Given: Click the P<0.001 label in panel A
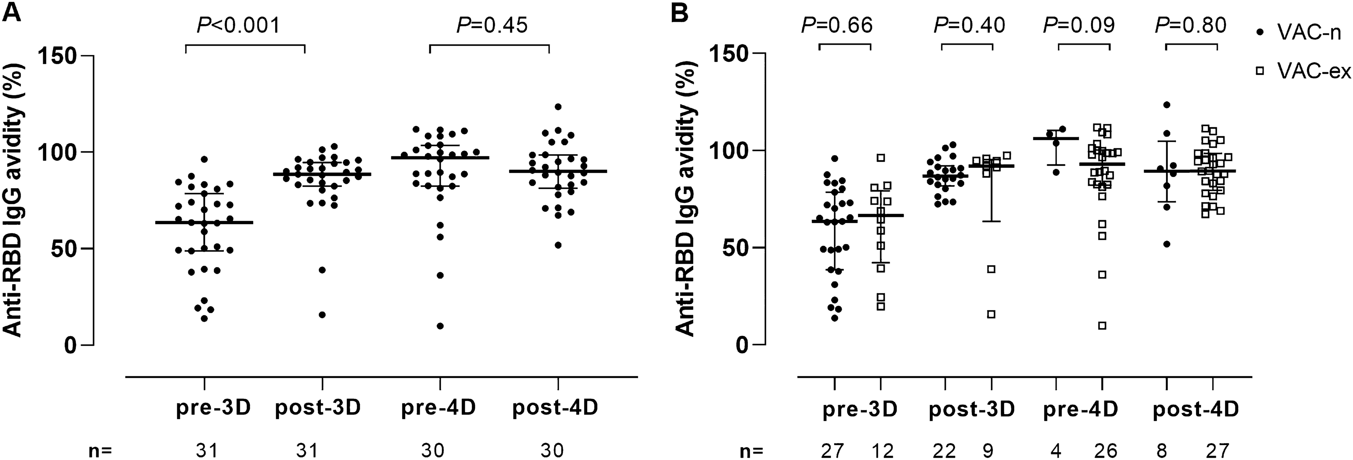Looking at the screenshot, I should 238,25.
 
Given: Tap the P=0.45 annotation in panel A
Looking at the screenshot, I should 492,25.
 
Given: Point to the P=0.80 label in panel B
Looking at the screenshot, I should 1191,25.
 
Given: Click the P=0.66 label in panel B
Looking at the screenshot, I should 837,25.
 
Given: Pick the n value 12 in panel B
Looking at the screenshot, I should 882,450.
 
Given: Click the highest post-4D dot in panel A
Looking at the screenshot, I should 558,107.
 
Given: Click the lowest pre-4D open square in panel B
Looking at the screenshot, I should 1102,325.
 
